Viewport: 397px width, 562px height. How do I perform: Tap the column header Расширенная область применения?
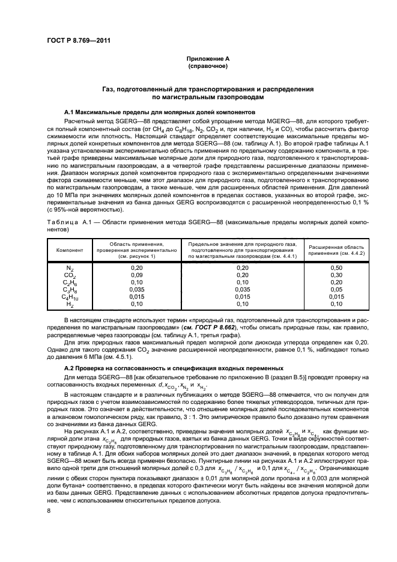tap(336, 249)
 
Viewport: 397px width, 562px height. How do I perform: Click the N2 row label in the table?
tap(70, 267)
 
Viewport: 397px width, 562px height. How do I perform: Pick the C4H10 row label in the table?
tap(70, 296)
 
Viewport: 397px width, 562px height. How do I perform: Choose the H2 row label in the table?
tap(70, 304)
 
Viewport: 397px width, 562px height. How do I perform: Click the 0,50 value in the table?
tap(336, 267)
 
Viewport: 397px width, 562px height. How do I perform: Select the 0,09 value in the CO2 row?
tap(137, 274)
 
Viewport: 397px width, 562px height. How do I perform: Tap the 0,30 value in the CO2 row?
tap(336, 274)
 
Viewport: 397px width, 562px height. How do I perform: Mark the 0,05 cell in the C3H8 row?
tap(336, 289)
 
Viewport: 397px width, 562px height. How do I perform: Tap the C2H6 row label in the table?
tap(70, 282)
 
